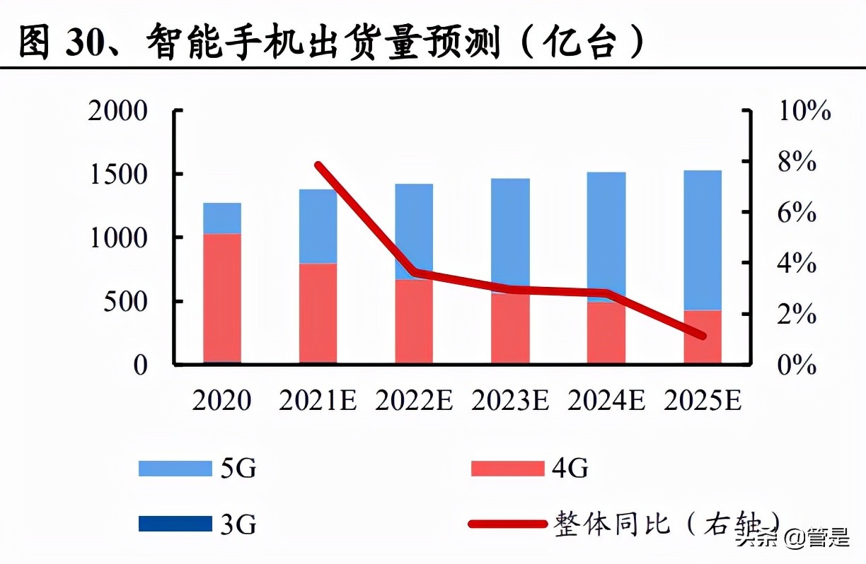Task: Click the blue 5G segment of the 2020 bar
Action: (x=222, y=218)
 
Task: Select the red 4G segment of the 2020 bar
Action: (x=222, y=297)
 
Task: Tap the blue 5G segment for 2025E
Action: (x=703, y=240)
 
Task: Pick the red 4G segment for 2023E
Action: (x=510, y=329)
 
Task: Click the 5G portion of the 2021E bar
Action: (x=318, y=226)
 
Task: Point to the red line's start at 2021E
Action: (x=318, y=165)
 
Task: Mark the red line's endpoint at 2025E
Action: (x=702, y=336)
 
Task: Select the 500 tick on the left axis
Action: (x=127, y=302)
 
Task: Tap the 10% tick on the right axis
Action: (x=803, y=111)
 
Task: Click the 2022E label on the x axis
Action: (x=414, y=401)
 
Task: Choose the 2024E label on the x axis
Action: (x=606, y=401)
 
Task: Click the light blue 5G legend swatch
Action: (x=175, y=468)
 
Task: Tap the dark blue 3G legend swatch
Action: (x=175, y=524)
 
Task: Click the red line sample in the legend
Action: (x=507, y=524)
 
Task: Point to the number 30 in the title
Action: (x=86, y=44)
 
